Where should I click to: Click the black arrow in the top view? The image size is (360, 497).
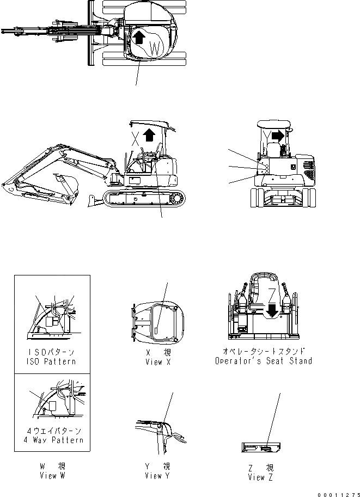139,37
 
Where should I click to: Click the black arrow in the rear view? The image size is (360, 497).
279,134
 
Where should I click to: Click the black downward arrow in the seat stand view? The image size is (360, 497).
272,310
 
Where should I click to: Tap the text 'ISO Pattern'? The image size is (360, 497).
52,361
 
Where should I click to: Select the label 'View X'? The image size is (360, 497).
154,361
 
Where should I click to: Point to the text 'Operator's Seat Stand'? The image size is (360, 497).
264,360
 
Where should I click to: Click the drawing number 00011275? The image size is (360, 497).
338,492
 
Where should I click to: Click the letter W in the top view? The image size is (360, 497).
155,48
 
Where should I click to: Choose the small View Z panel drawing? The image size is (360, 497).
261,447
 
